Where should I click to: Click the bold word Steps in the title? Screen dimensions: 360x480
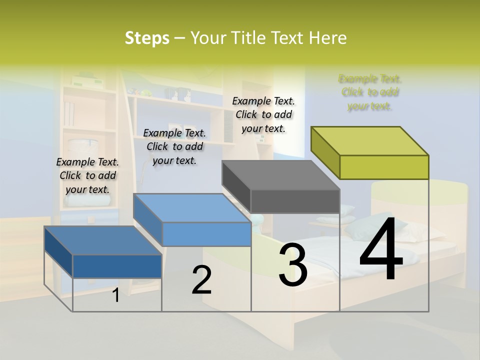point(147,38)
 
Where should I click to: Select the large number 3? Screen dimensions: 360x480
point(293,264)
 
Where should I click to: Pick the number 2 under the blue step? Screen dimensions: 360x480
point(201,280)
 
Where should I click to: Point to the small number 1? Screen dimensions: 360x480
point(116,295)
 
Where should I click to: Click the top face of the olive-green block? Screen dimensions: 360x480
point(370,140)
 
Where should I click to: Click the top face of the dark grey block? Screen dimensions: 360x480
point(281,175)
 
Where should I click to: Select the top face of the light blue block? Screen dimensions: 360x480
point(192,207)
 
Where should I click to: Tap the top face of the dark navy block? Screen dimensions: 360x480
point(103,240)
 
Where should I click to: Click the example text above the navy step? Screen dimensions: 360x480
point(87,175)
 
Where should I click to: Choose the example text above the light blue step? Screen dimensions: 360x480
point(174,146)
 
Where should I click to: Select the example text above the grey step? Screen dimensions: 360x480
point(263,114)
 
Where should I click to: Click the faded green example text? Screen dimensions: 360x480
point(370,92)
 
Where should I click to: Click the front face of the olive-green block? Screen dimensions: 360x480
point(384,167)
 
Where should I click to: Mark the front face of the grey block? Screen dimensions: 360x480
point(295,201)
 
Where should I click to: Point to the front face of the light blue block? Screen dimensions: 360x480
point(206,234)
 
